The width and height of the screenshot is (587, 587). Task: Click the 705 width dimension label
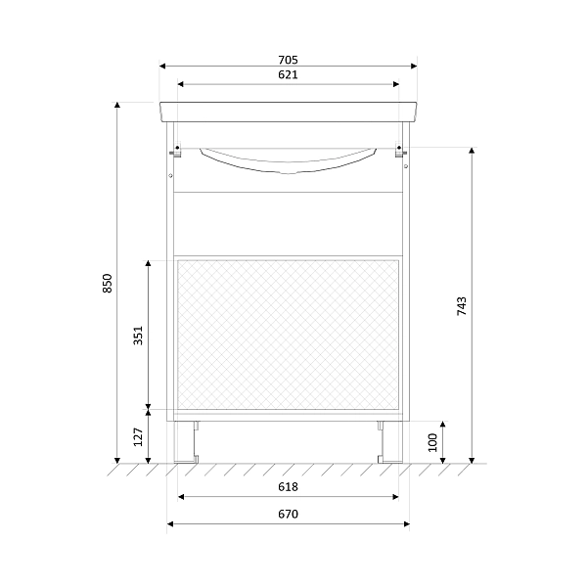[x=288, y=60]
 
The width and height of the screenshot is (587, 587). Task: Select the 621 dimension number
[x=288, y=75]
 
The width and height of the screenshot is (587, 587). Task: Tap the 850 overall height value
[x=108, y=284]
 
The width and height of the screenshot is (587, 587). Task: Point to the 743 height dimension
[x=462, y=306]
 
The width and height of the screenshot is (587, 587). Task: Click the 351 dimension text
[x=139, y=336]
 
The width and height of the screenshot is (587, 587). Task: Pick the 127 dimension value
[x=139, y=437]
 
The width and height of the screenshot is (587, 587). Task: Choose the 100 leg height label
[x=432, y=443]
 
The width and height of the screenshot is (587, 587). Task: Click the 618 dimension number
[x=288, y=486]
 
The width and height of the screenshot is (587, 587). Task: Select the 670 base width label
[x=288, y=514]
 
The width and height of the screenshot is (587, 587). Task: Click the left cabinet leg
[x=186, y=442]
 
